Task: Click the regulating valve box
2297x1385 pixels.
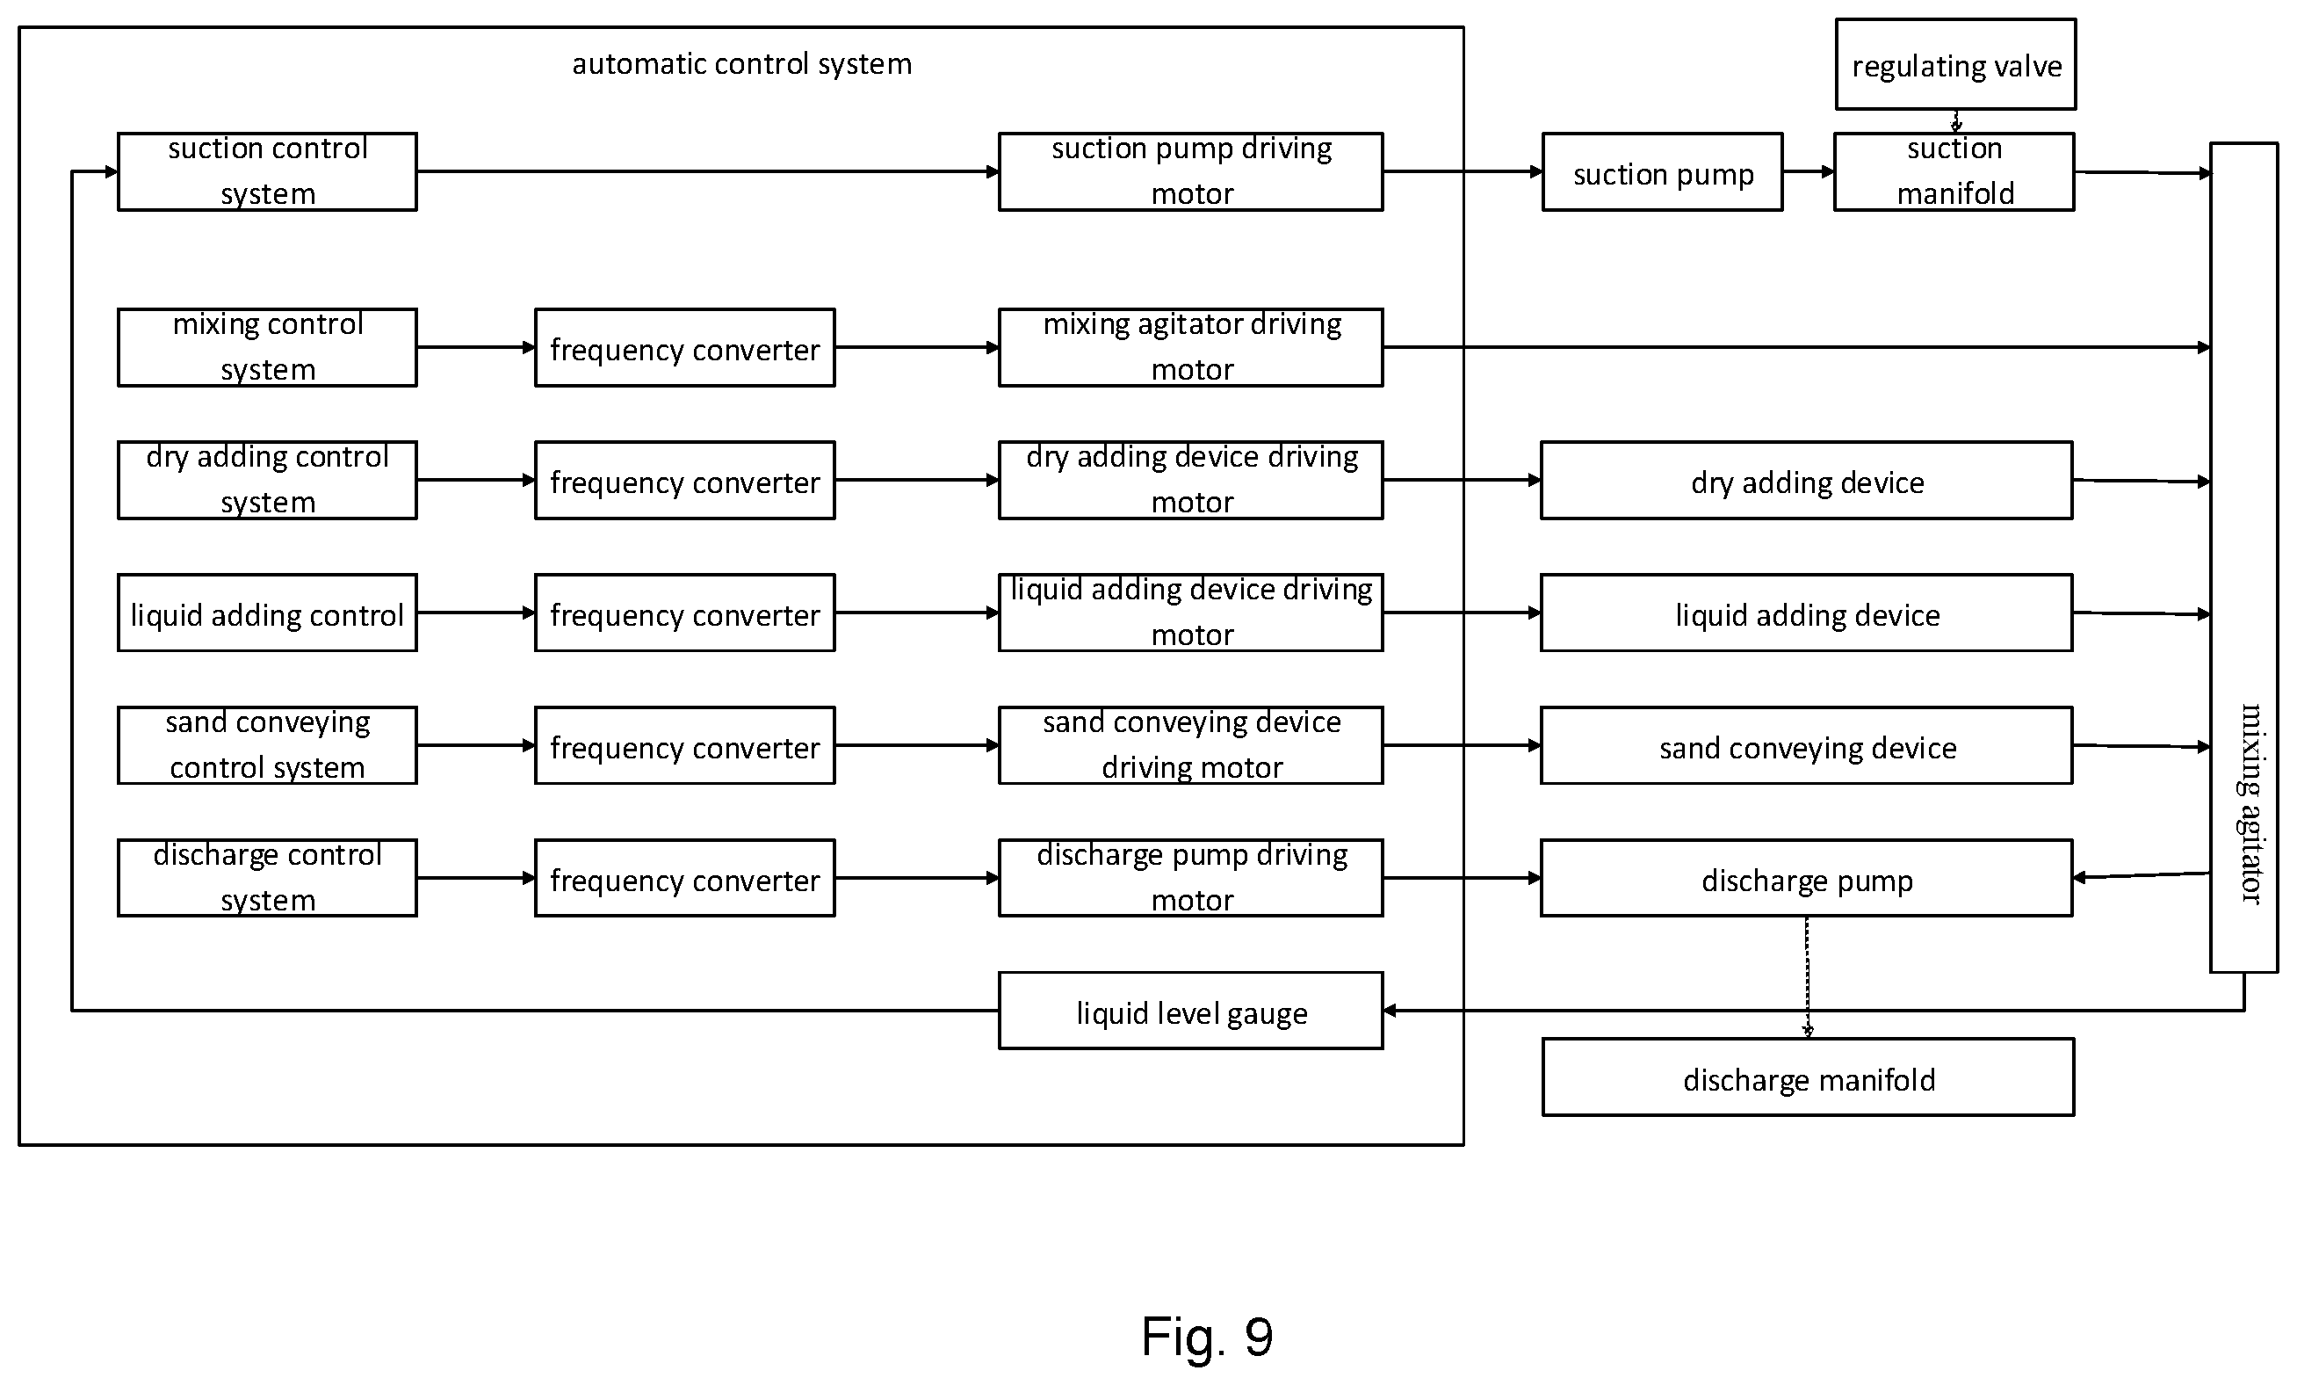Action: click(x=1955, y=64)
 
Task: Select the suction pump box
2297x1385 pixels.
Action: click(x=1662, y=171)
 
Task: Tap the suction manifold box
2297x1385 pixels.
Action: click(x=1954, y=171)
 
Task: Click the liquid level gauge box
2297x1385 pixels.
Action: click(x=1190, y=1011)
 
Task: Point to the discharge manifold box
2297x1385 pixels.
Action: click(x=1808, y=1077)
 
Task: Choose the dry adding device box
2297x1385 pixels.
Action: click(x=1806, y=481)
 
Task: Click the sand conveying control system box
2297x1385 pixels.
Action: click(x=267, y=745)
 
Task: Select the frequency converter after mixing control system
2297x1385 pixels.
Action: click(x=684, y=348)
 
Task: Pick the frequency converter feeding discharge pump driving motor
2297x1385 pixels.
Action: click(x=684, y=879)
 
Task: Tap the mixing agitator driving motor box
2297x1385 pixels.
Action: click(x=1190, y=348)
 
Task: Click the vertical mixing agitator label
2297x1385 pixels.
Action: click(x=2250, y=803)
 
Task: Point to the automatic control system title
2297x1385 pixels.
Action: click(x=741, y=63)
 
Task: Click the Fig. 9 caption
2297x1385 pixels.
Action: click(x=1207, y=1336)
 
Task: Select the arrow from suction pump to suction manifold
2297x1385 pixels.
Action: click(x=1809, y=171)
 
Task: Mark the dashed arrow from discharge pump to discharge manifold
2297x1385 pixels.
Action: click(x=1807, y=977)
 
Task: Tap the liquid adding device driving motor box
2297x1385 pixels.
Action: click(x=1190, y=613)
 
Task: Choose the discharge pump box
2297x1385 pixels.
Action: click(x=1806, y=879)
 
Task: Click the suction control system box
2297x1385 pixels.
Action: click(x=267, y=171)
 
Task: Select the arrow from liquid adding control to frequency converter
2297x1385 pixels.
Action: click(x=475, y=613)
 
